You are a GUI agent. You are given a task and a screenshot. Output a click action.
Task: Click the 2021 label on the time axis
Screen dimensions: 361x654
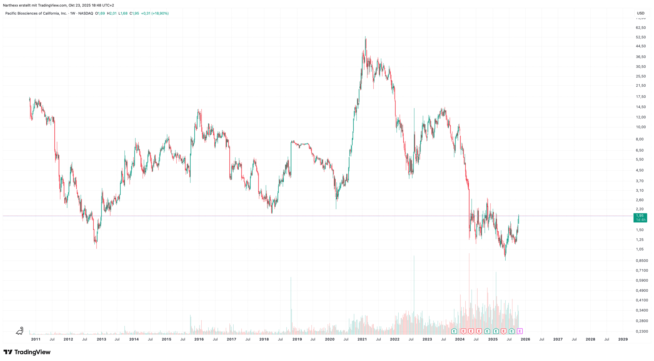click(x=362, y=339)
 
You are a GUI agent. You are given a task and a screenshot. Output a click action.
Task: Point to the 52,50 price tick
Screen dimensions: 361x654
click(x=641, y=37)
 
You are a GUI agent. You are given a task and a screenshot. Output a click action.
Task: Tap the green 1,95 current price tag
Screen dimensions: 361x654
click(x=640, y=218)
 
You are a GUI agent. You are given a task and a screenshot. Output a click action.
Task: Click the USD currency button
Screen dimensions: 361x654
click(x=641, y=13)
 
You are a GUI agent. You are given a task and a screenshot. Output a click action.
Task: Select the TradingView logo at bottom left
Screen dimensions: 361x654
click(x=27, y=352)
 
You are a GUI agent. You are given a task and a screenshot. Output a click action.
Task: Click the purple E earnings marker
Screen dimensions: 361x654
click(x=520, y=331)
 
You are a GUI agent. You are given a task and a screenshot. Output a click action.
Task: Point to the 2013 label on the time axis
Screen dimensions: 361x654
click(x=102, y=339)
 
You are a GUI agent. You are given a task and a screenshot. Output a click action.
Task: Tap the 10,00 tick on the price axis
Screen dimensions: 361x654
click(x=641, y=127)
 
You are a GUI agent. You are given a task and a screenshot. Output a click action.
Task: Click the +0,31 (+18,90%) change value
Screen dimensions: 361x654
click(x=155, y=13)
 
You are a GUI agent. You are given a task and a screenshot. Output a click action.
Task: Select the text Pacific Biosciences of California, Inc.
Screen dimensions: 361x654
click(x=36, y=13)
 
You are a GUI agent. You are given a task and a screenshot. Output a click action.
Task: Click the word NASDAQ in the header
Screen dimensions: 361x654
click(x=86, y=13)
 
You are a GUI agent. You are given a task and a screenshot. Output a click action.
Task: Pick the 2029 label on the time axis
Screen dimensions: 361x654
click(x=623, y=339)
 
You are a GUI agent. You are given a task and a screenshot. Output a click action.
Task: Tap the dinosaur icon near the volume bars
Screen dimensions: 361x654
click(x=20, y=331)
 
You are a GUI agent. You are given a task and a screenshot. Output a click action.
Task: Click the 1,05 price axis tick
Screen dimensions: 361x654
click(x=640, y=249)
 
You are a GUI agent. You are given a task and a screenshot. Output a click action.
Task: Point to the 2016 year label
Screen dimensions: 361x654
click(x=199, y=339)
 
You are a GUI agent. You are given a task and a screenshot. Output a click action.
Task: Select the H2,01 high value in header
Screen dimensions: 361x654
click(x=112, y=13)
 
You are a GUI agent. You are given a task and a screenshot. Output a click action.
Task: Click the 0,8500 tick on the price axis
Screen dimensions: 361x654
click(x=642, y=261)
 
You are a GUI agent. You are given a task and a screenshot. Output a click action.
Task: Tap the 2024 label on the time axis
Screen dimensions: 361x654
click(x=460, y=339)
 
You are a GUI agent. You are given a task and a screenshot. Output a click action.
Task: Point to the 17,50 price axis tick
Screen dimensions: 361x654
click(x=641, y=97)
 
